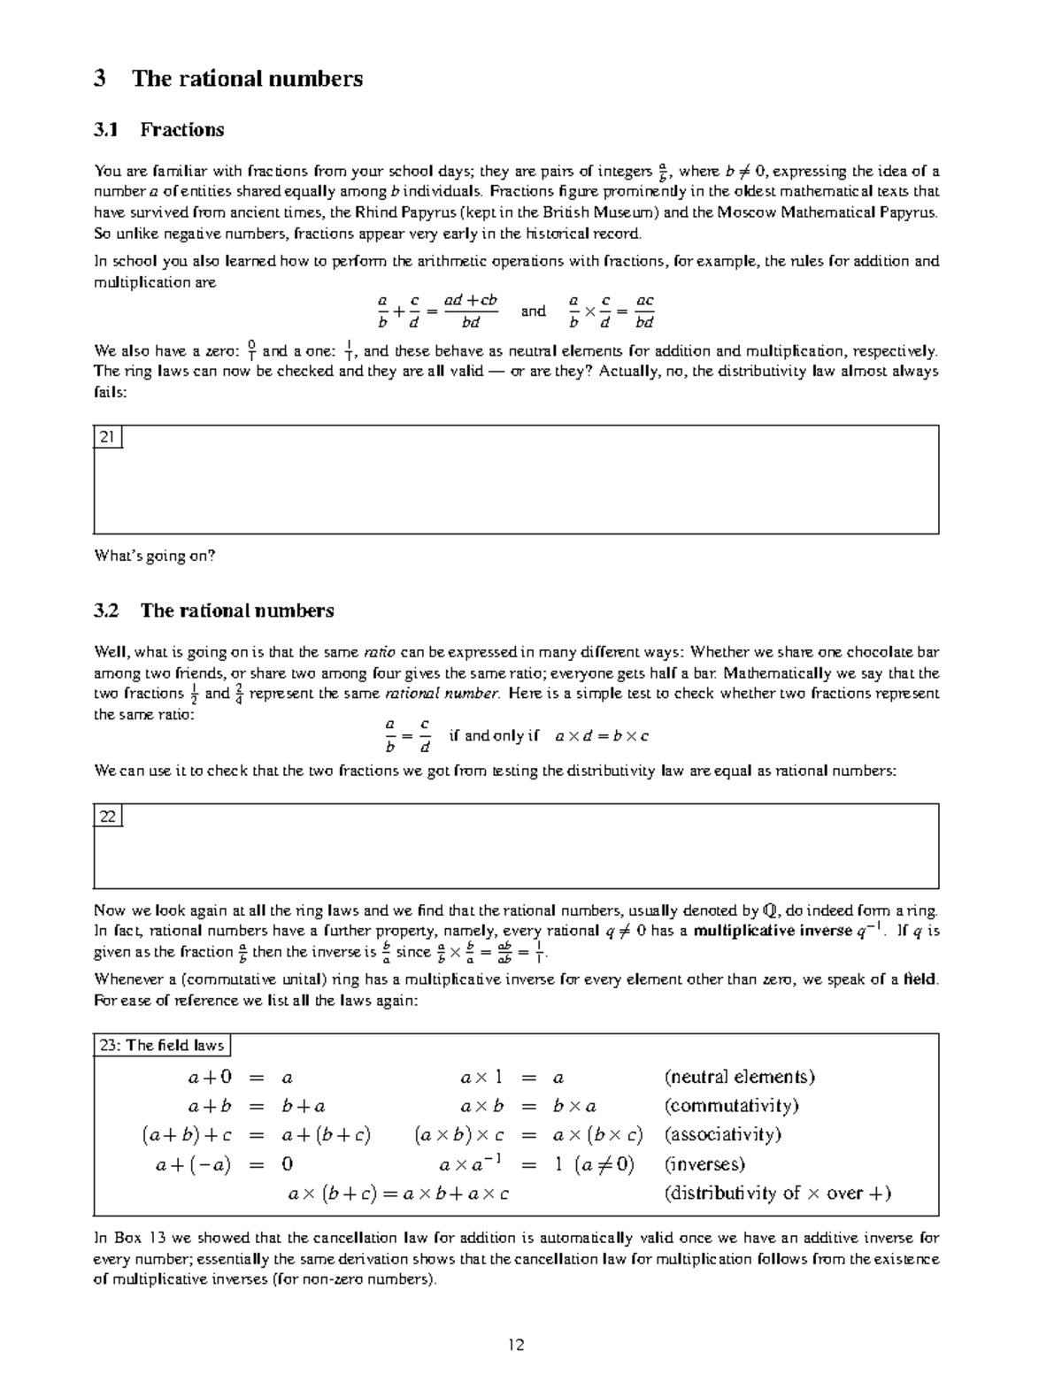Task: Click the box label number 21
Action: [x=108, y=437]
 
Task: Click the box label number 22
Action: [x=108, y=816]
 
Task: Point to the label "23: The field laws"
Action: [x=162, y=1045]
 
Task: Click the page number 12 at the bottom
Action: [x=517, y=1345]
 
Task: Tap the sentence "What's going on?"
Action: [x=155, y=557]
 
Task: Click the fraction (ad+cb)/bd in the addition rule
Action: [x=470, y=311]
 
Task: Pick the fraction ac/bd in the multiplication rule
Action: [x=644, y=311]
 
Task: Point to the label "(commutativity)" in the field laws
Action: [x=731, y=1106]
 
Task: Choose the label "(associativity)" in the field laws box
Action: [x=722, y=1135]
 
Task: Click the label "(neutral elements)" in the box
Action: [x=739, y=1077]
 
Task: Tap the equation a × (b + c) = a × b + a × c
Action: [x=399, y=1194]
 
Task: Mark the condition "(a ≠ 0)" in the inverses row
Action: [x=604, y=1164]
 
